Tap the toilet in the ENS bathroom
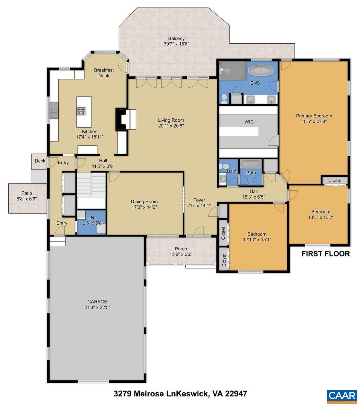pyautogui.click(x=224, y=98)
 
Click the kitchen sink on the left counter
pyautogui.click(x=54, y=111)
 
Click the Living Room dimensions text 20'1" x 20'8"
pyautogui.click(x=171, y=126)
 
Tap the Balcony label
pyautogui.click(x=176, y=38)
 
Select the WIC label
pyautogui.click(x=249, y=122)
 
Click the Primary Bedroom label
pyautogui.click(x=314, y=116)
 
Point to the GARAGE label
pyautogui.click(x=97, y=302)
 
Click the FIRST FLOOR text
pyautogui.click(x=325, y=254)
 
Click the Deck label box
pyautogui.click(x=40, y=161)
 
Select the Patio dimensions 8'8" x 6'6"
pyautogui.click(x=27, y=199)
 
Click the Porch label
pyautogui.click(x=181, y=249)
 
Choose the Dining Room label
pyautogui.click(x=144, y=202)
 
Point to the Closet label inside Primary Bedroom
pyautogui.click(x=334, y=181)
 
